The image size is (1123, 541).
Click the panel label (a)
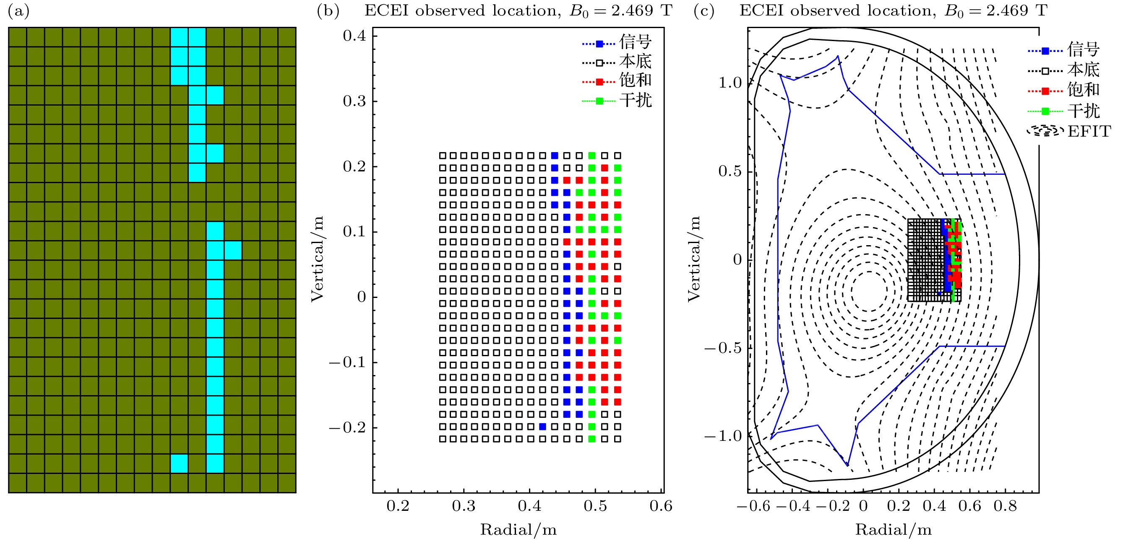coord(19,11)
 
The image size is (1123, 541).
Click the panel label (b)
coord(328,11)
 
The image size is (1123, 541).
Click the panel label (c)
coord(704,11)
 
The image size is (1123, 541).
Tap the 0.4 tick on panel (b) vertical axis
coord(354,36)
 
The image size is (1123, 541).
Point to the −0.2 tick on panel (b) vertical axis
coord(347,428)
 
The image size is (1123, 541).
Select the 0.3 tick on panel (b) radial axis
coord(464,506)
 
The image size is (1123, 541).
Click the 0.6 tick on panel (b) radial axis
coord(661,506)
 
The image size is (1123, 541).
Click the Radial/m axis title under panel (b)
coord(519,530)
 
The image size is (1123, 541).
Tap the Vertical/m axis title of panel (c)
coord(693,259)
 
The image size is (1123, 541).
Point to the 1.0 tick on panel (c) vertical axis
coord(730,83)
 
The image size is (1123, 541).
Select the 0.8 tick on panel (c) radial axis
coord(1005,506)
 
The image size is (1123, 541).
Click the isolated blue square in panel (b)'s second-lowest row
coord(542,427)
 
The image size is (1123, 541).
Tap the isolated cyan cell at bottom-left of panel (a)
coord(179,463)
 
